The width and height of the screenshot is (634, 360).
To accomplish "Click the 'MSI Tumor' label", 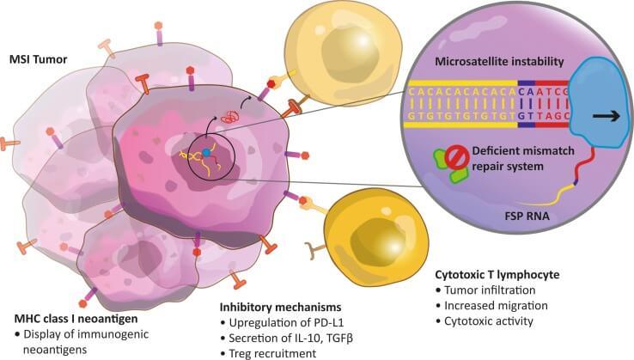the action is click(39, 60).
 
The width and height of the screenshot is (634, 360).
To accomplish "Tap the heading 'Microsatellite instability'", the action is click(499, 62).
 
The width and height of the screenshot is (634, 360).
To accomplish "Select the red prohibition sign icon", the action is click(457, 157).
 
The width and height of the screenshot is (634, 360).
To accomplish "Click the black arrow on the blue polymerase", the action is click(607, 117).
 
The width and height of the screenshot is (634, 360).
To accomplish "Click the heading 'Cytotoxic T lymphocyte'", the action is click(497, 275).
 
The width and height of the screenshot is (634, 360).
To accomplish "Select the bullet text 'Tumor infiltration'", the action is click(490, 290).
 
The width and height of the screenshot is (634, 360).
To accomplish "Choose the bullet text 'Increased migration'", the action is click(497, 305).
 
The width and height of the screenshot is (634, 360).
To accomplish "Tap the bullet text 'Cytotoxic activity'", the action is click(489, 321).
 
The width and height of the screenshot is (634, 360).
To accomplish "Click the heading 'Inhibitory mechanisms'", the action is click(280, 308).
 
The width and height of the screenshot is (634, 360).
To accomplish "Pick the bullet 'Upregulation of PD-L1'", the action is click(286, 323).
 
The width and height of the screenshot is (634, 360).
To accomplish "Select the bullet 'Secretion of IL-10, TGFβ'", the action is click(290, 339).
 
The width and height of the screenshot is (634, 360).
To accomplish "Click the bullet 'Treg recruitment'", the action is click(272, 353).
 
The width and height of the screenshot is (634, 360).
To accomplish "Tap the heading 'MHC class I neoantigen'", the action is click(76, 319).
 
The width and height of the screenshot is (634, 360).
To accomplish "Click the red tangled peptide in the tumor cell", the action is click(229, 118).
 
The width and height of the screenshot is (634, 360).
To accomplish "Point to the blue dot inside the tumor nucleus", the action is click(206, 153).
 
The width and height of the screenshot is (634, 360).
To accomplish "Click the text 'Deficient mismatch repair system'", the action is click(523, 159).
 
